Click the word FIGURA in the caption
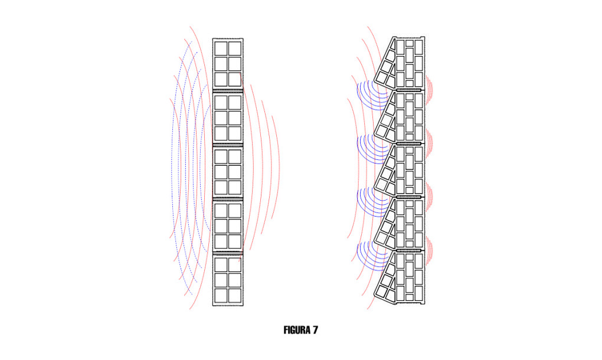(297, 330)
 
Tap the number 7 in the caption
(315, 330)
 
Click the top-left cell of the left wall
(221, 48)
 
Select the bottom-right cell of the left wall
(235, 296)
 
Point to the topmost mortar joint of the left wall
(228, 91)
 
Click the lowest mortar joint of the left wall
(228, 253)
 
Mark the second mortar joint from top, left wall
(228, 145)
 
